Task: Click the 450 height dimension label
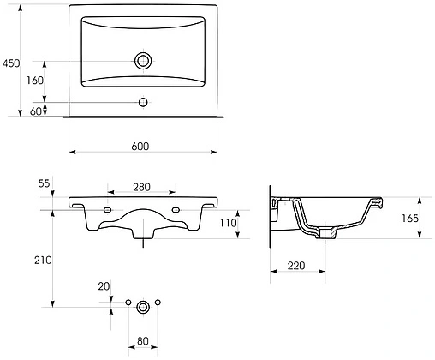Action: pos(11,63)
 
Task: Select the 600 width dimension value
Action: pos(141,146)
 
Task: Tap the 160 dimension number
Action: pos(34,81)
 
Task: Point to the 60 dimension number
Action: pos(36,111)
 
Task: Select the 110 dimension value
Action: pos(228,223)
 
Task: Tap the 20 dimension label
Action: pos(104,287)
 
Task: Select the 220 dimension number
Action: pos(296,266)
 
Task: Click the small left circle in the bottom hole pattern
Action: pos(128,304)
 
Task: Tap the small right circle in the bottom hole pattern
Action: pos(158,304)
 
